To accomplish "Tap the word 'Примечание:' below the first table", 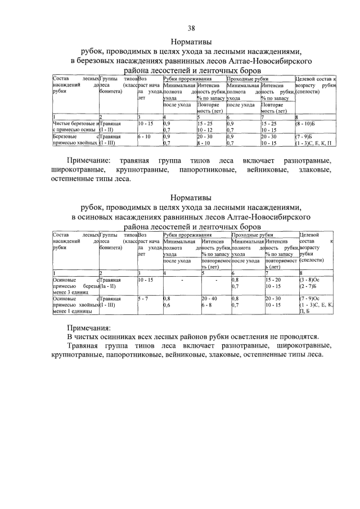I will click(x=92, y=161).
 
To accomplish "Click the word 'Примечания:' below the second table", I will click(x=89, y=327).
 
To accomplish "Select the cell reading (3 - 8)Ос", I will click(x=309, y=279).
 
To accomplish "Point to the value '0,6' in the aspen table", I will click(x=166, y=305).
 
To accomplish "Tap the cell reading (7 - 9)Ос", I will click(x=309, y=298).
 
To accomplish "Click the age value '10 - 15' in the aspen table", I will click(x=145, y=279).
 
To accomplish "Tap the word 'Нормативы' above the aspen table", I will click(x=191, y=197).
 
